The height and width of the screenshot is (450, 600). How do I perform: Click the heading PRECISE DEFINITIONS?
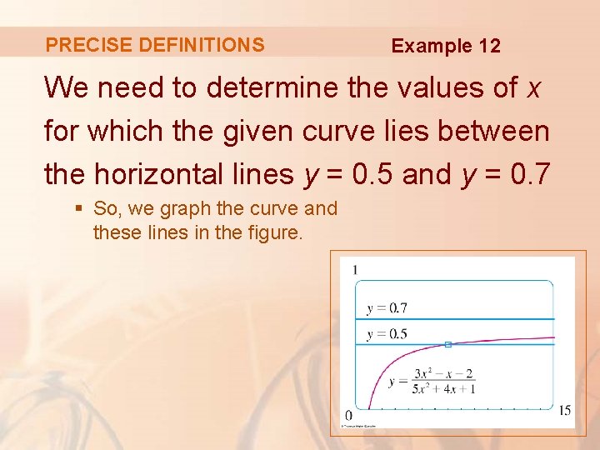tap(155, 45)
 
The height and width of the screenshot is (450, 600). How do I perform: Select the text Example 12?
tap(446, 46)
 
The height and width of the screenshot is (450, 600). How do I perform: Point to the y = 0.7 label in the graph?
tap(387, 308)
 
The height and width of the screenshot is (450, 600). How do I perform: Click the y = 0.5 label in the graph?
tap(387, 334)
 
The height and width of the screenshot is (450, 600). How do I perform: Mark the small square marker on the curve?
tap(447, 344)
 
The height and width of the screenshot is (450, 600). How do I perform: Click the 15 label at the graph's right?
tap(564, 410)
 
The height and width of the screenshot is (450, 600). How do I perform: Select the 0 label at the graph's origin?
tap(348, 414)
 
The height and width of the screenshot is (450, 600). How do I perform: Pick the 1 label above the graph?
tap(355, 269)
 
